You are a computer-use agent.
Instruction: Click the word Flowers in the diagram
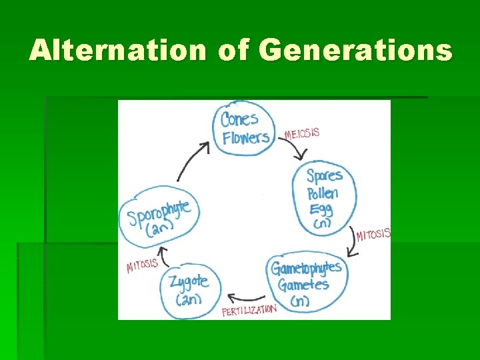tap(246, 138)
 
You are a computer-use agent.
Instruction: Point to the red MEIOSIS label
tap(302, 133)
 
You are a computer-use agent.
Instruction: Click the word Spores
tap(324, 177)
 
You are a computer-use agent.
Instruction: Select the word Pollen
tap(323, 194)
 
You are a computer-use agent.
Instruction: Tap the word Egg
tap(321, 210)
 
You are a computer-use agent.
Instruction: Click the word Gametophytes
tap(306, 268)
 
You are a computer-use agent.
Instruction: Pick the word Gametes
tap(303, 285)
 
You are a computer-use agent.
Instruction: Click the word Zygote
tap(189, 281)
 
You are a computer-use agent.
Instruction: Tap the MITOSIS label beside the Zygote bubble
tap(142, 265)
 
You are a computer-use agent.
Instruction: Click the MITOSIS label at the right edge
tap(373, 235)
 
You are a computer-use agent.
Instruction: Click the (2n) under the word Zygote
tap(189, 299)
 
